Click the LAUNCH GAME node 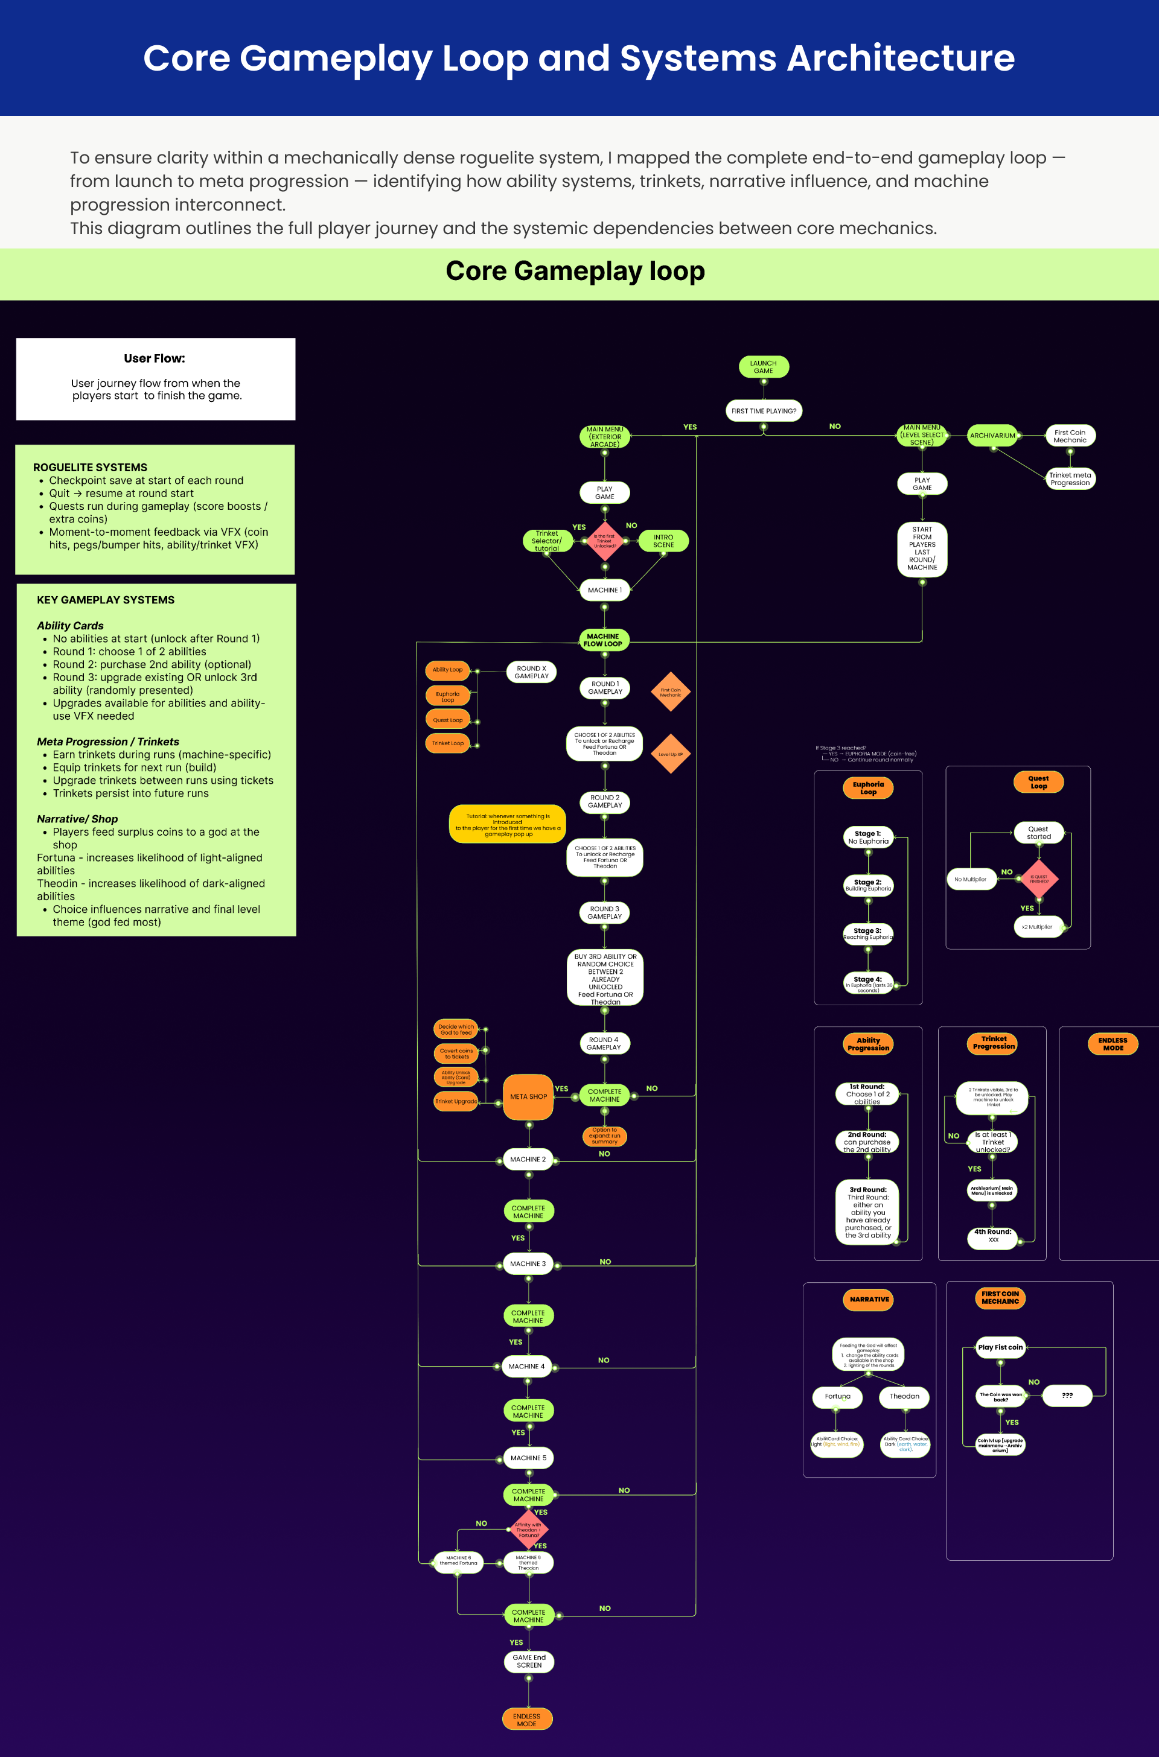[763, 366]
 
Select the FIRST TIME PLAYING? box [764, 411]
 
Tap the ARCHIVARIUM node [992, 436]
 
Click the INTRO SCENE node [663, 541]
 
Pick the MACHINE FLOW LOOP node [603, 640]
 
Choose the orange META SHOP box [528, 1096]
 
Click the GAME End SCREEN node [529, 1661]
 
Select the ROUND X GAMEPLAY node [531, 672]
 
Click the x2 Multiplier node [1037, 927]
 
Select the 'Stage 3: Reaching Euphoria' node [868, 934]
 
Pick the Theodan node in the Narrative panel [904, 1396]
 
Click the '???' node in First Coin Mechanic [1067, 1396]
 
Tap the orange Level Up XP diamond [671, 754]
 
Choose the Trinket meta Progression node [1070, 479]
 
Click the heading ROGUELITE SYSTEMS [90, 467]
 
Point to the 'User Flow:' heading [155, 358]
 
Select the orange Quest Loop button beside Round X [448, 720]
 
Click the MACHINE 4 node [526, 1366]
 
